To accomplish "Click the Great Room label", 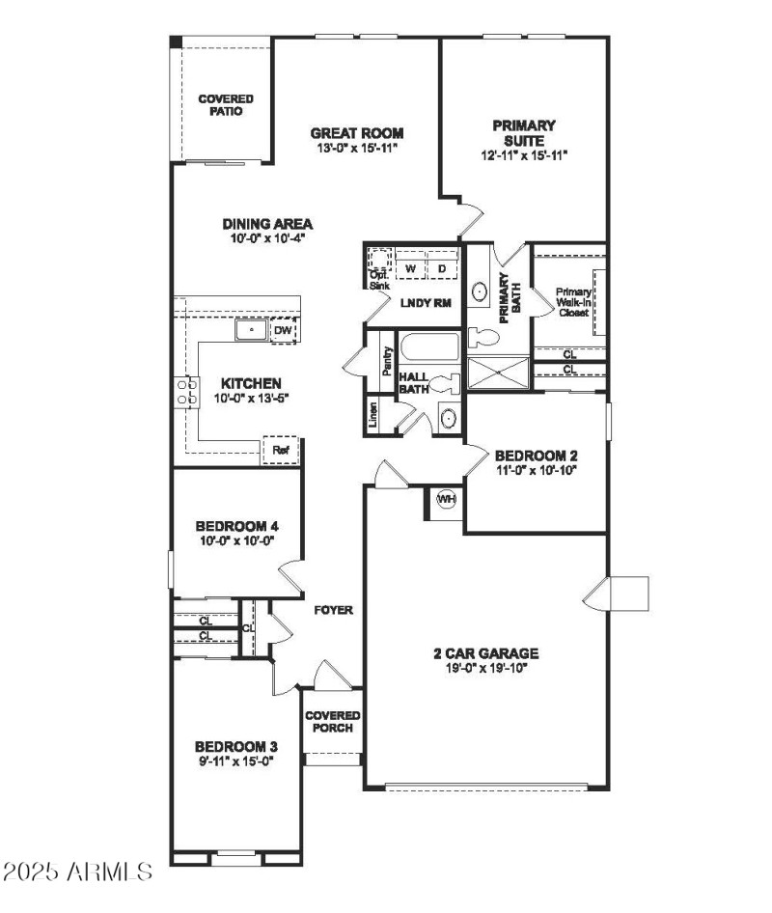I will (x=356, y=133).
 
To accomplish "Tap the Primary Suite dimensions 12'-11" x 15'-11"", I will (x=523, y=154).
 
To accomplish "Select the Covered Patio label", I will (x=226, y=105).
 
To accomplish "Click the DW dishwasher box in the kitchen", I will (x=282, y=331).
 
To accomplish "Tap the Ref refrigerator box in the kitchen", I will (x=280, y=450).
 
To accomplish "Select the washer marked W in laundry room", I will (x=410, y=267).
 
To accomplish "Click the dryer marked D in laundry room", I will (x=442, y=267).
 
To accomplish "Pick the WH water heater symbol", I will (x=446, y=500).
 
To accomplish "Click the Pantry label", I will (x=387, y=361).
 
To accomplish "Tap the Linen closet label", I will (x=372, y=414).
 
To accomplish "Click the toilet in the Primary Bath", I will (x=482, y=338).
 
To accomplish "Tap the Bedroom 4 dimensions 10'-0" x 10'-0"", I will (x=237, y=541).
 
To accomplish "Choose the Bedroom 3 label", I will (x=236, y=746).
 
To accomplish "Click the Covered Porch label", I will (x=332, y=721).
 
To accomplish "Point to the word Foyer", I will (x=334, y=610).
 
